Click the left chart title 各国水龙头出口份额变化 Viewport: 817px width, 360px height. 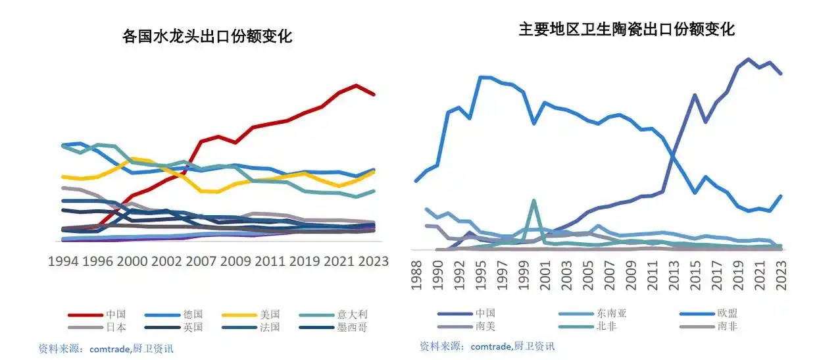click(x=207, y=36)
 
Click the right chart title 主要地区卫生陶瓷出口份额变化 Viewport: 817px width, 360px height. click(x=626, y=30)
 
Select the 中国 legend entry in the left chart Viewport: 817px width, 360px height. click(x=115, y=315)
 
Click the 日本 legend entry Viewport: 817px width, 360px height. click(x=115, y=326)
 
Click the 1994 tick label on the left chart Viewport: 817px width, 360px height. click(x=64, y=261)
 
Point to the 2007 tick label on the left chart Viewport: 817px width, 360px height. click(x=201, y=261)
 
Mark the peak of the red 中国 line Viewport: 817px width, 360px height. click(x=356, y=86)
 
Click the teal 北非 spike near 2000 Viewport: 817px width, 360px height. click(x=533, y=201)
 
